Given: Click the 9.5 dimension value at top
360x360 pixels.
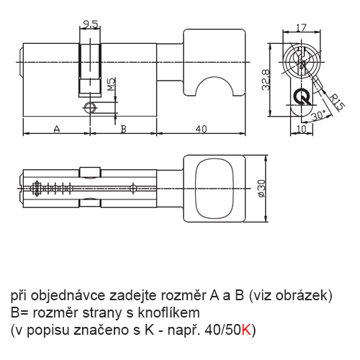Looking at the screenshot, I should point(90,24).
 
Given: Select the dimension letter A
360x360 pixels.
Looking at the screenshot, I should point(56,129).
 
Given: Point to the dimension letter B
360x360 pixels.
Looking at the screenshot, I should point(123,129).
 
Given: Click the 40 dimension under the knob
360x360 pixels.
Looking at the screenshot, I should point(202,129).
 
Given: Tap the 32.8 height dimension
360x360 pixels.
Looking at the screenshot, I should point(264,76).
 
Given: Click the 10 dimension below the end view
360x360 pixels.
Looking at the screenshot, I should point(303,129).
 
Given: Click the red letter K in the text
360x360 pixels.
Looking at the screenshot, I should point(247,330).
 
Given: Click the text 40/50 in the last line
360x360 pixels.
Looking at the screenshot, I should point(222,330).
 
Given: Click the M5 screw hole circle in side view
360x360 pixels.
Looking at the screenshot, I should point(90,107).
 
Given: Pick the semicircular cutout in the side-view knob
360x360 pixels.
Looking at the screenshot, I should point(215,85).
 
